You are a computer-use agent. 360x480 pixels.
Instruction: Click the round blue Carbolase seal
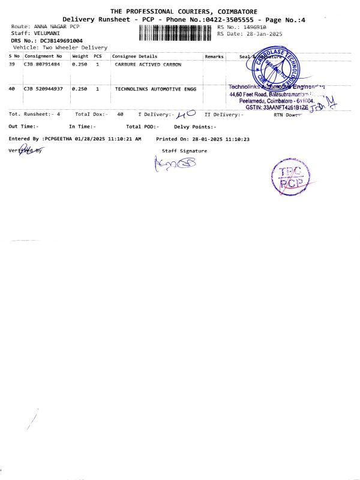coord(274,67)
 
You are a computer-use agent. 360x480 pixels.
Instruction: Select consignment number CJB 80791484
coord(42,64)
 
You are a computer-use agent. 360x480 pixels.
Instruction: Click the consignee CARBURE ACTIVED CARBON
coord(148,64)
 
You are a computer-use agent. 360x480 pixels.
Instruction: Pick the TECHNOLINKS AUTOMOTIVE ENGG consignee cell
coord(155,89)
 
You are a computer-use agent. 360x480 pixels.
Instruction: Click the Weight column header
coord(80,56)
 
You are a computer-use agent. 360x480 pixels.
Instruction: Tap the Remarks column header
coord(214,56)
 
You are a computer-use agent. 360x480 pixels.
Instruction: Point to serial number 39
coord(12,64)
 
